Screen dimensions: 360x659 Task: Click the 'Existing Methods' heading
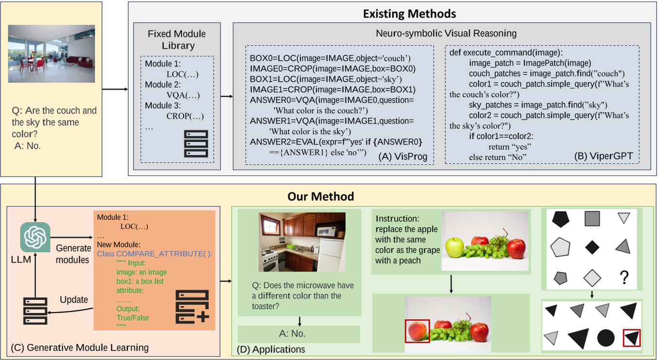(409, 14)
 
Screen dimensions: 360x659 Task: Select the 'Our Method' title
(321, 196)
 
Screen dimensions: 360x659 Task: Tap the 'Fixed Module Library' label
(177, 40)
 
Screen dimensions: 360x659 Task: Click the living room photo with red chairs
(51, 54)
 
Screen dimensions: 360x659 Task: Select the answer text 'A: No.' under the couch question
(27, 145)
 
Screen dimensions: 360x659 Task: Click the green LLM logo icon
(35, 237)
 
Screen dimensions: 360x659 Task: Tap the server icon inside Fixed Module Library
(196, 143)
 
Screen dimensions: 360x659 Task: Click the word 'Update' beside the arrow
(74, 299)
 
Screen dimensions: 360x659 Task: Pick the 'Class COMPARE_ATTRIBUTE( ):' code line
(154, 253)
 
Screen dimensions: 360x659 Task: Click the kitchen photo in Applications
(302, 242)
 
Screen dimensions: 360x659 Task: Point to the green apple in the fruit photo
(455, 247)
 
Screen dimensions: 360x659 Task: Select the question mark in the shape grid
(624, 277)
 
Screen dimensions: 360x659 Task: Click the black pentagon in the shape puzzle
(560, 219)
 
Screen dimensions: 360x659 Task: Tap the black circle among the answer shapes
(606, 337)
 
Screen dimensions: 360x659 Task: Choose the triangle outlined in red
(631, 338)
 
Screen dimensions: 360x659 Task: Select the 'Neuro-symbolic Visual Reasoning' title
(446, 34)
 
